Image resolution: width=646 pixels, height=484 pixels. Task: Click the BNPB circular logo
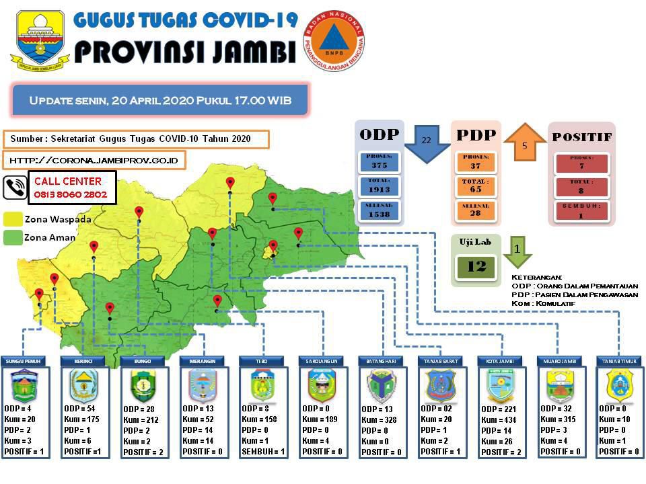tap(334, 41)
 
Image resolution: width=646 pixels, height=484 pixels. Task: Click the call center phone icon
tap(15, 188)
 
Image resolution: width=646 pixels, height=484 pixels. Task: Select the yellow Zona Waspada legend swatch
tap(13, 219)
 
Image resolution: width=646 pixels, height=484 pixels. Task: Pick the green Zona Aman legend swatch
tap(13, 237)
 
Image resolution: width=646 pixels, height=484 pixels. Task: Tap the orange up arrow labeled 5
tap(525, 143)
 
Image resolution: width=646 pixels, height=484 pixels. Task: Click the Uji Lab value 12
tap(476, 266)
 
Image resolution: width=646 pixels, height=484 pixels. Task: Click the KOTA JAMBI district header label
tap(500, 361)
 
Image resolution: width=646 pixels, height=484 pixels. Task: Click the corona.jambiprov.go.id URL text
tap(94, 161)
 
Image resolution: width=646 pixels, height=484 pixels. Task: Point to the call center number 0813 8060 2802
tap(71, 194)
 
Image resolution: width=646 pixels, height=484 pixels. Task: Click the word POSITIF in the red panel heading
tap(582, 136)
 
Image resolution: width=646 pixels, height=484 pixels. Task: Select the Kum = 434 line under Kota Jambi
tap(499, 420)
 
